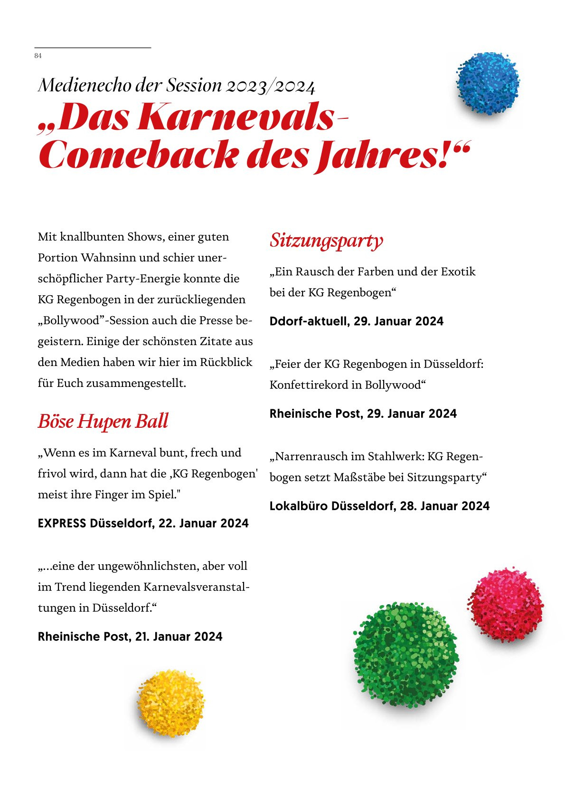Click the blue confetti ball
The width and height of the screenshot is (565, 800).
point(488,84)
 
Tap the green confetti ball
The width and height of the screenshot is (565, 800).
point(406,655)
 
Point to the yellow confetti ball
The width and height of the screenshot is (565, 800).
point(170,703)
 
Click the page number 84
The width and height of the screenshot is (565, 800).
point(38,56)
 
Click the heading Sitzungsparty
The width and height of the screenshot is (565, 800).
point(326,241)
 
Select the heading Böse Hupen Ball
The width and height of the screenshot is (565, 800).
point(103,422)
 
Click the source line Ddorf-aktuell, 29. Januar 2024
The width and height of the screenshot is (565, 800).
point(356,321)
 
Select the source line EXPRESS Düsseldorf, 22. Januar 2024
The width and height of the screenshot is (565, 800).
point(143,523)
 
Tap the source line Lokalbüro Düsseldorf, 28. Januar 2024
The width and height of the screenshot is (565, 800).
point(379,506)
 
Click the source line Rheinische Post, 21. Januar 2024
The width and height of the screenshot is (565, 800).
point(130,637)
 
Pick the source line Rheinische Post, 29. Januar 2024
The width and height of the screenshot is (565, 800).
point(363,414)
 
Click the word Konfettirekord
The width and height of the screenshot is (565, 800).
point(309,385)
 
